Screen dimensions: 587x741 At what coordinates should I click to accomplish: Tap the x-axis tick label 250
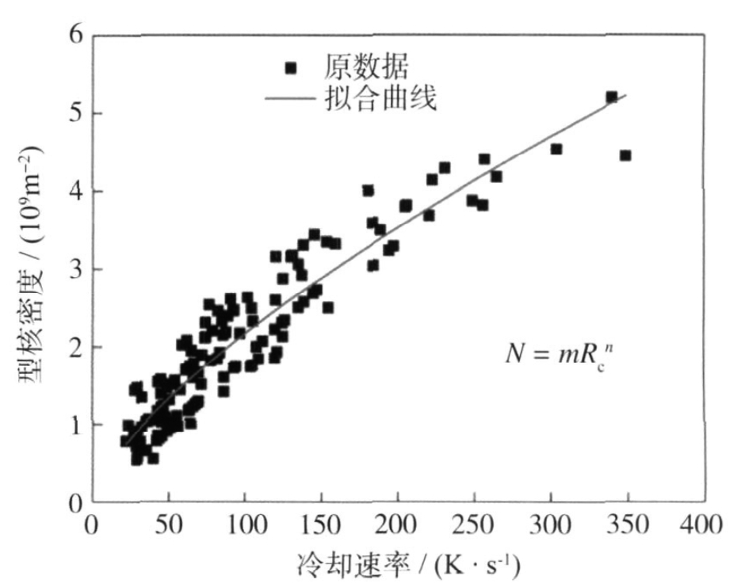(474, 525)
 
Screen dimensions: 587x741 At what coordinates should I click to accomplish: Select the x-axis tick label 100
(244, 525)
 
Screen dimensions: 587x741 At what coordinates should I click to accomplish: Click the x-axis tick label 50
(168, 525)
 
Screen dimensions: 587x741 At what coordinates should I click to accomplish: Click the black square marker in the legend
(291, 67)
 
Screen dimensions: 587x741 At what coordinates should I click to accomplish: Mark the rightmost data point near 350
(625, 155)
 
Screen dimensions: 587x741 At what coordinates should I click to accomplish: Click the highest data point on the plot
(611, 97)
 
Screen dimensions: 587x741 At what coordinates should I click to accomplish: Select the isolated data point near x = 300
(556, 149)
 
